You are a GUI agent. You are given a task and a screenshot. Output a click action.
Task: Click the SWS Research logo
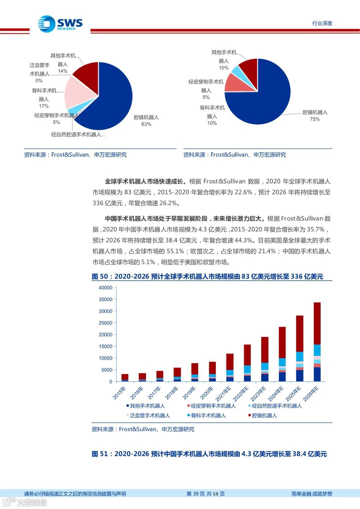[60, 24]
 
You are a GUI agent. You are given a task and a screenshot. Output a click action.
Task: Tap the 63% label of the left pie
[146, 124]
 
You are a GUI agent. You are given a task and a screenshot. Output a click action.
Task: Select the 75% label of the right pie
[315, 119]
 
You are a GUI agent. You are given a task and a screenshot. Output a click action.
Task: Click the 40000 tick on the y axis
[106, 288]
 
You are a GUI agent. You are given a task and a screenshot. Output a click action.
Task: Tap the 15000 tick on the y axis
[106, 346]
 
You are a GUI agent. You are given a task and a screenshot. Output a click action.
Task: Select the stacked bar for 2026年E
[317, 342]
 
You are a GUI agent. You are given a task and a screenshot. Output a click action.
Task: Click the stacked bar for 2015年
[125, 378]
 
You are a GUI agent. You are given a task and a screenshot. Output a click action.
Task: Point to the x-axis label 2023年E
[258, 393]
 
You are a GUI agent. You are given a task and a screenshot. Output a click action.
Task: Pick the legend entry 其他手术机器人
[147, 406]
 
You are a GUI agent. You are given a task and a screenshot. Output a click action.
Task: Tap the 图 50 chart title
[207, 276]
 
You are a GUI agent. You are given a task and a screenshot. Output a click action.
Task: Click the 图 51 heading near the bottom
[209, 454]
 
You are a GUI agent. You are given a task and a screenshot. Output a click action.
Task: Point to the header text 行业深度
[322, 23]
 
